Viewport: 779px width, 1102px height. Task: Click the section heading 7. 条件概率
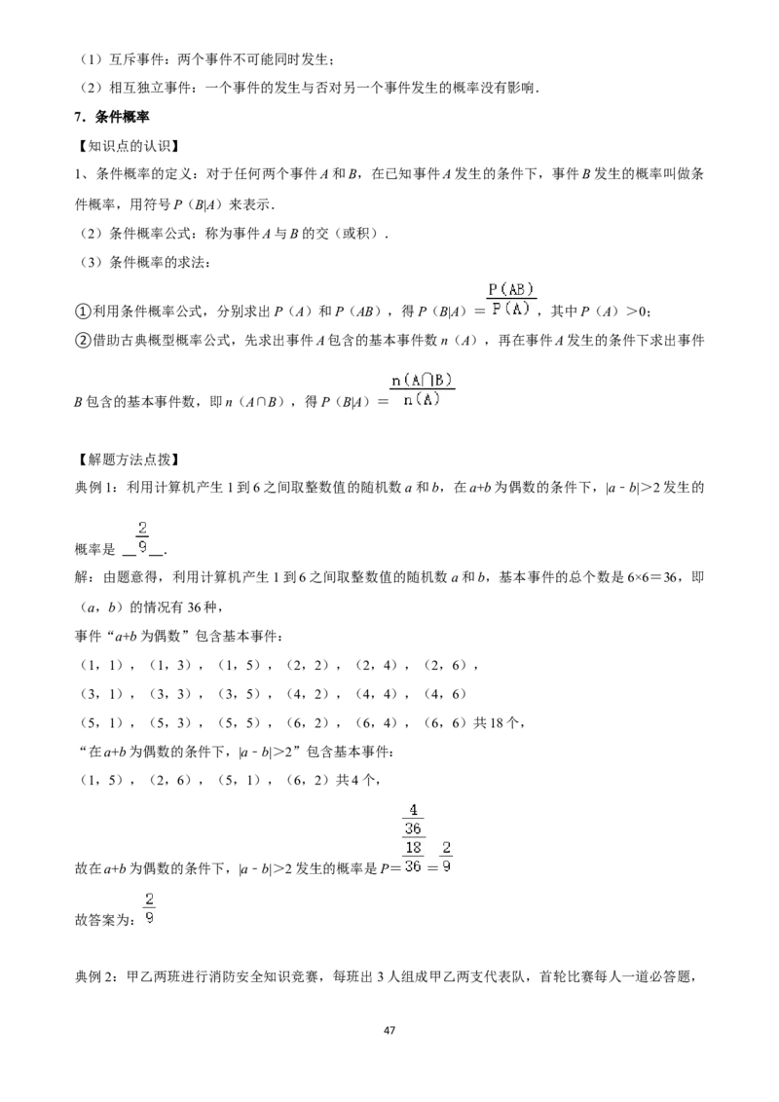click(x=112, y=117)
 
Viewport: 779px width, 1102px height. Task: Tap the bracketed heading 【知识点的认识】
click(x=126, y=146)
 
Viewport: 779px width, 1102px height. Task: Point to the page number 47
click(x=389, y=1030)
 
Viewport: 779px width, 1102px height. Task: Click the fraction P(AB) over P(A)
click(x=511, y=299)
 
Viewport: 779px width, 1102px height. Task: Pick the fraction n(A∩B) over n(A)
click(x=422, y=390)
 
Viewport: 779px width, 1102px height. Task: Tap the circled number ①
click(x=83, y=312)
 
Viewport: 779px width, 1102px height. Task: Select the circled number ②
click(x=83, y=341)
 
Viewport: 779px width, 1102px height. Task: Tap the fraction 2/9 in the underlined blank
click(x=143, y=537)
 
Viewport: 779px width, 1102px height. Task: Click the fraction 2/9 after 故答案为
click(x=149, y=908)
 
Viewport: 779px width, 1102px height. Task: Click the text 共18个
click(x=497, y=722)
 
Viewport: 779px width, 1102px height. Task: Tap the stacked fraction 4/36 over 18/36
click(x=414, y=838)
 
